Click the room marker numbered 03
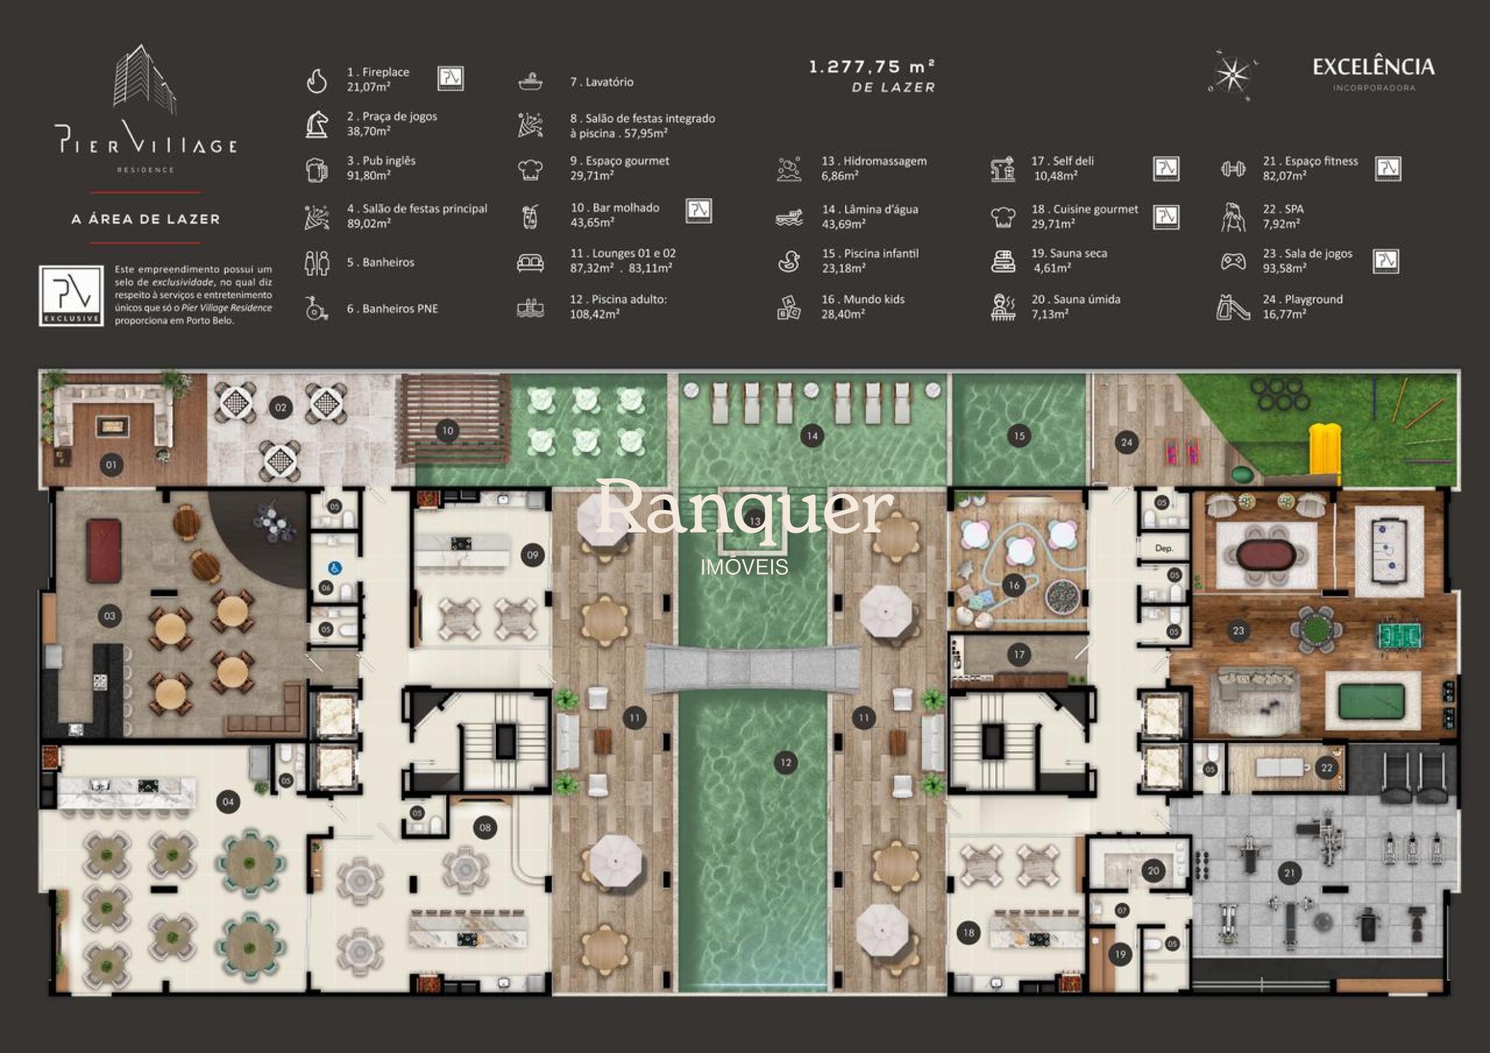click(110, 615)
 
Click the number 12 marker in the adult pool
click(786, 762)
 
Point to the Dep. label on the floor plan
click(1164, 549)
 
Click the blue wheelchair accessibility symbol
click(334, 569)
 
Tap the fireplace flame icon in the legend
click(316, 81)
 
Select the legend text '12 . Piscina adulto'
click(619, 299)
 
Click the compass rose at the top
click(1231, 75)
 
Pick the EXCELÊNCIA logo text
click(1373, 67)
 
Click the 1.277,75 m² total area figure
click(871, 67)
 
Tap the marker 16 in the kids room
click(1014, 585)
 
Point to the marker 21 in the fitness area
click(1290, 873)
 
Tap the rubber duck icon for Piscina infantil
click(789, 261)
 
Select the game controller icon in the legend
click(1233, 261)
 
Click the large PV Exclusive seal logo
click(72, 295)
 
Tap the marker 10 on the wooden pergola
click(447, 431)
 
